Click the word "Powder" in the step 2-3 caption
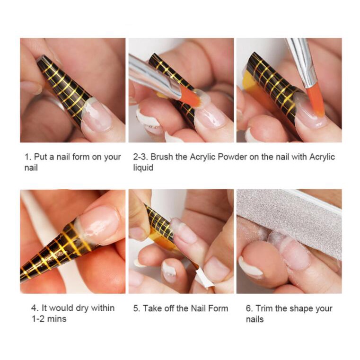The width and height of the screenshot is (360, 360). click(232, 157)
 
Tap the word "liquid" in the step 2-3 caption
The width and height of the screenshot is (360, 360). click(143, 167)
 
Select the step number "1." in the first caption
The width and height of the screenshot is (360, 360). click(28, 157)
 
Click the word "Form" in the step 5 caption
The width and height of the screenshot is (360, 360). click(218, 308)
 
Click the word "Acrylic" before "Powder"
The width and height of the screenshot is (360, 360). click(202, 157)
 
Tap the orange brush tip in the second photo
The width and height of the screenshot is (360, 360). click(190, 97)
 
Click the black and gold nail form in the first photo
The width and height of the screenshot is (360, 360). click(64, 88)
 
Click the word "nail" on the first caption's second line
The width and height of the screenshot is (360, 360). click(31, 167)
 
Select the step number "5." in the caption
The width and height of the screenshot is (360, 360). click(137, 308)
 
